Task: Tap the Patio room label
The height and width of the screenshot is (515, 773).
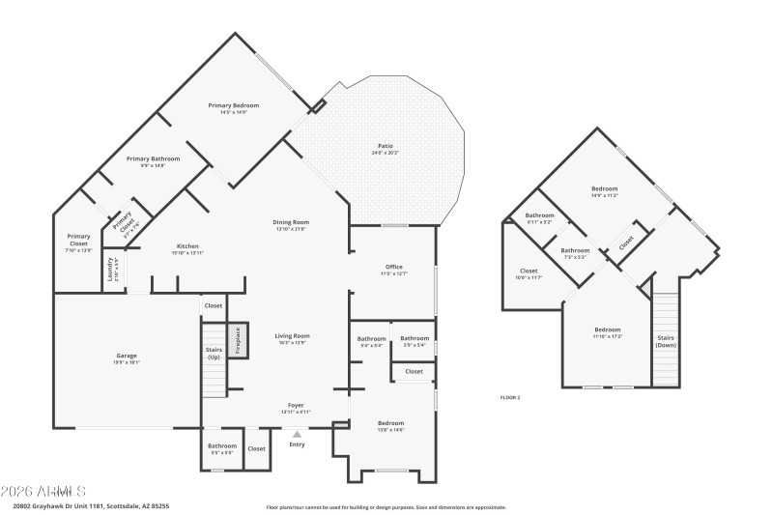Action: pos(385,147)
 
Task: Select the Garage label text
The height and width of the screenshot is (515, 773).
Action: pos(127,357)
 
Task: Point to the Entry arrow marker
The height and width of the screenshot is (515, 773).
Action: pos(297,435)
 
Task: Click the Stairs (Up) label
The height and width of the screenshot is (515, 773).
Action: pos(214,354)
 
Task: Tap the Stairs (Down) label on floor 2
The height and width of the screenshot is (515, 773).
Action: pos(666,341)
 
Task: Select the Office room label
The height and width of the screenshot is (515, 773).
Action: pos(393,267)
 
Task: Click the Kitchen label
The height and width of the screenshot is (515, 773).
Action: pos(187,246)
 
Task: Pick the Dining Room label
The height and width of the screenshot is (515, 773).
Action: pos(290,223)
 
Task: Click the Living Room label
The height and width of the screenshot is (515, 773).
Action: pos(293,336)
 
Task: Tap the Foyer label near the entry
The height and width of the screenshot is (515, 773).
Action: pos(296,405)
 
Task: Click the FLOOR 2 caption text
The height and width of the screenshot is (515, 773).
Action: pos(509,397)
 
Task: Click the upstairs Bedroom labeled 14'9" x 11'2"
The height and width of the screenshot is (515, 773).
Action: pos(604,189)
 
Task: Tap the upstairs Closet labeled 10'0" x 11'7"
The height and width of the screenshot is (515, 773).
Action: pos(529,272)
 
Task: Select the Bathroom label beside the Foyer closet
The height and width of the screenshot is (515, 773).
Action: pos(221,445)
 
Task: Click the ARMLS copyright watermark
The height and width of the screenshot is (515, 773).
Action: pos(43,491)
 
